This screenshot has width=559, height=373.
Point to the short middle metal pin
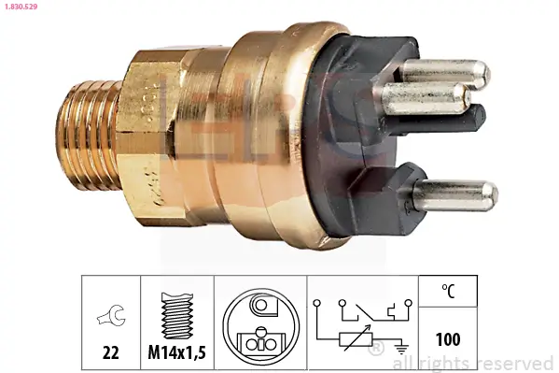[426, 96]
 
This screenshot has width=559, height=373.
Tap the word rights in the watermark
[446, 363]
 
